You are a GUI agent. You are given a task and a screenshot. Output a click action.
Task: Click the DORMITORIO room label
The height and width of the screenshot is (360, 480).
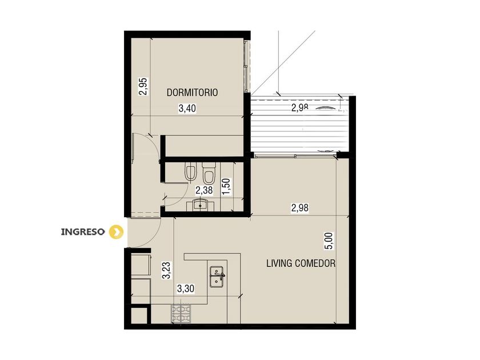(x=192, y=93)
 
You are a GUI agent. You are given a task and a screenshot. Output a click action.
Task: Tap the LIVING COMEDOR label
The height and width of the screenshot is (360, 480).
(x=301, y=263)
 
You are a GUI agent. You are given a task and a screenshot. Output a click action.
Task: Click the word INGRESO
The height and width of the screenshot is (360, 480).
(x=83, y=232)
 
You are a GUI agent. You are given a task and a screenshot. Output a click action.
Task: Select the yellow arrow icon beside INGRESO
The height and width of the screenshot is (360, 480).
(x=117, y=232)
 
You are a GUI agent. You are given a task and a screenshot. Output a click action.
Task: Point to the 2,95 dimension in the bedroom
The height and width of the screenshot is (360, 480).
(x=143, y=87)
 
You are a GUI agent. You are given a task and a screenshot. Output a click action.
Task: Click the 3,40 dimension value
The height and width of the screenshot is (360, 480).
(x=187, y=109)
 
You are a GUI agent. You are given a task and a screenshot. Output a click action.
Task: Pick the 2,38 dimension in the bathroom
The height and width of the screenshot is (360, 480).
(x=204, y=190)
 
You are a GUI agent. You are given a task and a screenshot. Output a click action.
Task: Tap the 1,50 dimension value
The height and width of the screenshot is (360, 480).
(x=226, y=186)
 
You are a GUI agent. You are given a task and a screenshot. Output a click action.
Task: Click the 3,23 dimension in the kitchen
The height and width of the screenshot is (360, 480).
(x=166, y=270)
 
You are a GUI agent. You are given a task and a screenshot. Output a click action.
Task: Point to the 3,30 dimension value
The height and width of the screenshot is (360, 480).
(x=186, y=289)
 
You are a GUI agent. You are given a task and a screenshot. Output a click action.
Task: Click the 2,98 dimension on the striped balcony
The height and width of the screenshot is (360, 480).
(x=299, y=107)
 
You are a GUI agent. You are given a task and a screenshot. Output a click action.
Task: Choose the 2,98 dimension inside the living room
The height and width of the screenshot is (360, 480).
(x=299, y=208)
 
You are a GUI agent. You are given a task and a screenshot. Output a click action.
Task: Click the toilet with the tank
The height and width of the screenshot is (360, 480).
(x=209, y=173)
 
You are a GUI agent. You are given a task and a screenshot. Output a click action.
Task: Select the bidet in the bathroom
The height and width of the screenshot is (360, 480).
(x=190, y=173)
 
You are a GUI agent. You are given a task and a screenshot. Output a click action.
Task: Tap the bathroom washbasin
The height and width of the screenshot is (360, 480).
(x=201, y=205)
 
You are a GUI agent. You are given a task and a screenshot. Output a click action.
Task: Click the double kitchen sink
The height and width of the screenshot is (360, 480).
(x=217, y=277)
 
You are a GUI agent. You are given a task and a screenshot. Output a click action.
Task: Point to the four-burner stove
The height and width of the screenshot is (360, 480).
(x=181, y=314)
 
